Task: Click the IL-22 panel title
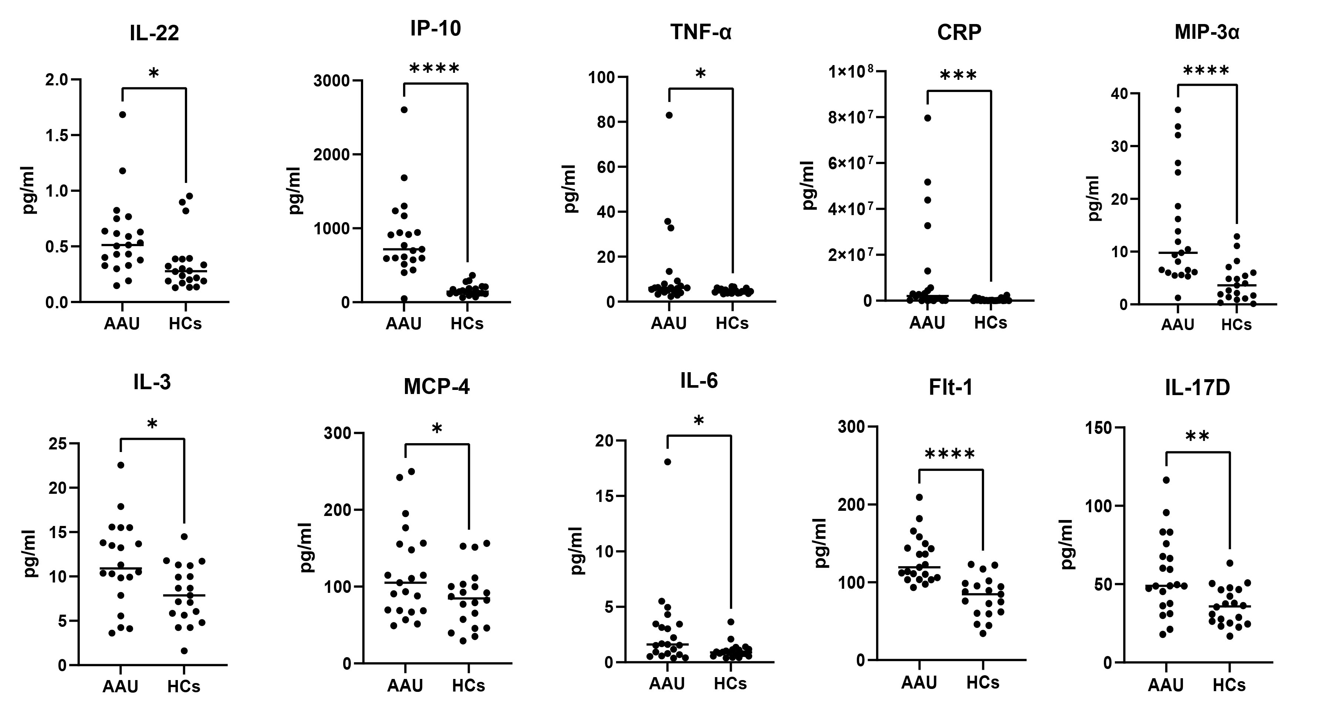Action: click(154, 33)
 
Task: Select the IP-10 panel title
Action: click(435, 29)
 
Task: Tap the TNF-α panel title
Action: click(700, 33)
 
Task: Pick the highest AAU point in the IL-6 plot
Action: click(667, 462)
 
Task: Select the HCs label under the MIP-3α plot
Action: click(1236, 325)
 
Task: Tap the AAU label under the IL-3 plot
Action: click(120, 686)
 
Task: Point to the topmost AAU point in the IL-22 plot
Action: click(122, 115)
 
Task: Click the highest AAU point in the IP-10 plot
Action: click(404, 109)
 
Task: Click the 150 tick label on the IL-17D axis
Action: click(1099, 428)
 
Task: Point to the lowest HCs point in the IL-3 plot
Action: click(184, 651)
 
